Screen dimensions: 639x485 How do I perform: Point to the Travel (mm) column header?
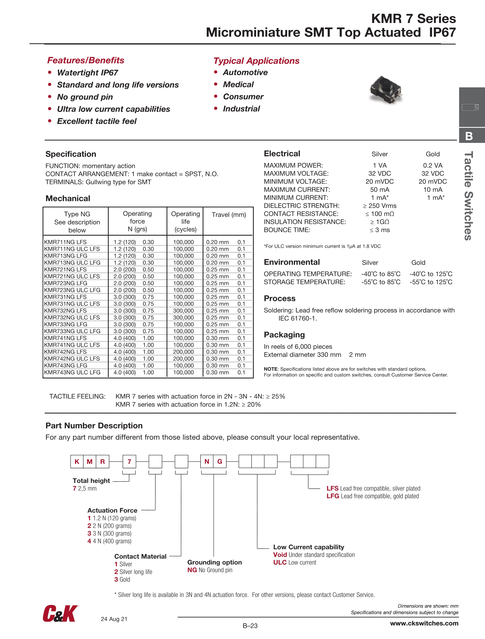[229, 215]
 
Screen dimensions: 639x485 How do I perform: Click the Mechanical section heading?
[68, 198]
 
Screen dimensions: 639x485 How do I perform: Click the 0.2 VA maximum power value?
[432, 165]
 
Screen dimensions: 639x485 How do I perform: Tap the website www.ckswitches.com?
[424, 623]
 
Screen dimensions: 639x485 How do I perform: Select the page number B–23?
[250, 626]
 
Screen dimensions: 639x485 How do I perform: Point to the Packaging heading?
[284, 335]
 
